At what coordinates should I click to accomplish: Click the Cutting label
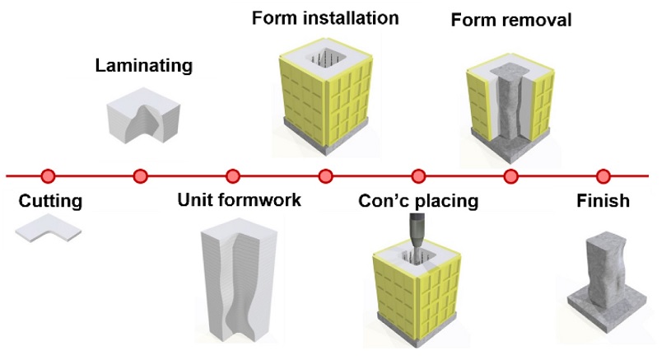51,200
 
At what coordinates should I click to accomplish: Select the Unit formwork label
240,200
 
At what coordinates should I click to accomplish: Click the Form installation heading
325,17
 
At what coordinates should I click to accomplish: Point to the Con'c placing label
418,200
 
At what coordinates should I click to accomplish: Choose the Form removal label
510,20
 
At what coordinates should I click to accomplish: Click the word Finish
603,200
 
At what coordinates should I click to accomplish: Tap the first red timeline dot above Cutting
48,175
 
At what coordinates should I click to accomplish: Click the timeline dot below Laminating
140,175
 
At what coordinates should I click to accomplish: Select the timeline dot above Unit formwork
233,175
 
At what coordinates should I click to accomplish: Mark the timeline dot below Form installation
325,175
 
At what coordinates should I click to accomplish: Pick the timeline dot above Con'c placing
418,175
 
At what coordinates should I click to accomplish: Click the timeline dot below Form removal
510,175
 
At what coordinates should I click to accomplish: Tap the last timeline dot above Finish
603,175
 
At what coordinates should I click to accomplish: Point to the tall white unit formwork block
238,284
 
